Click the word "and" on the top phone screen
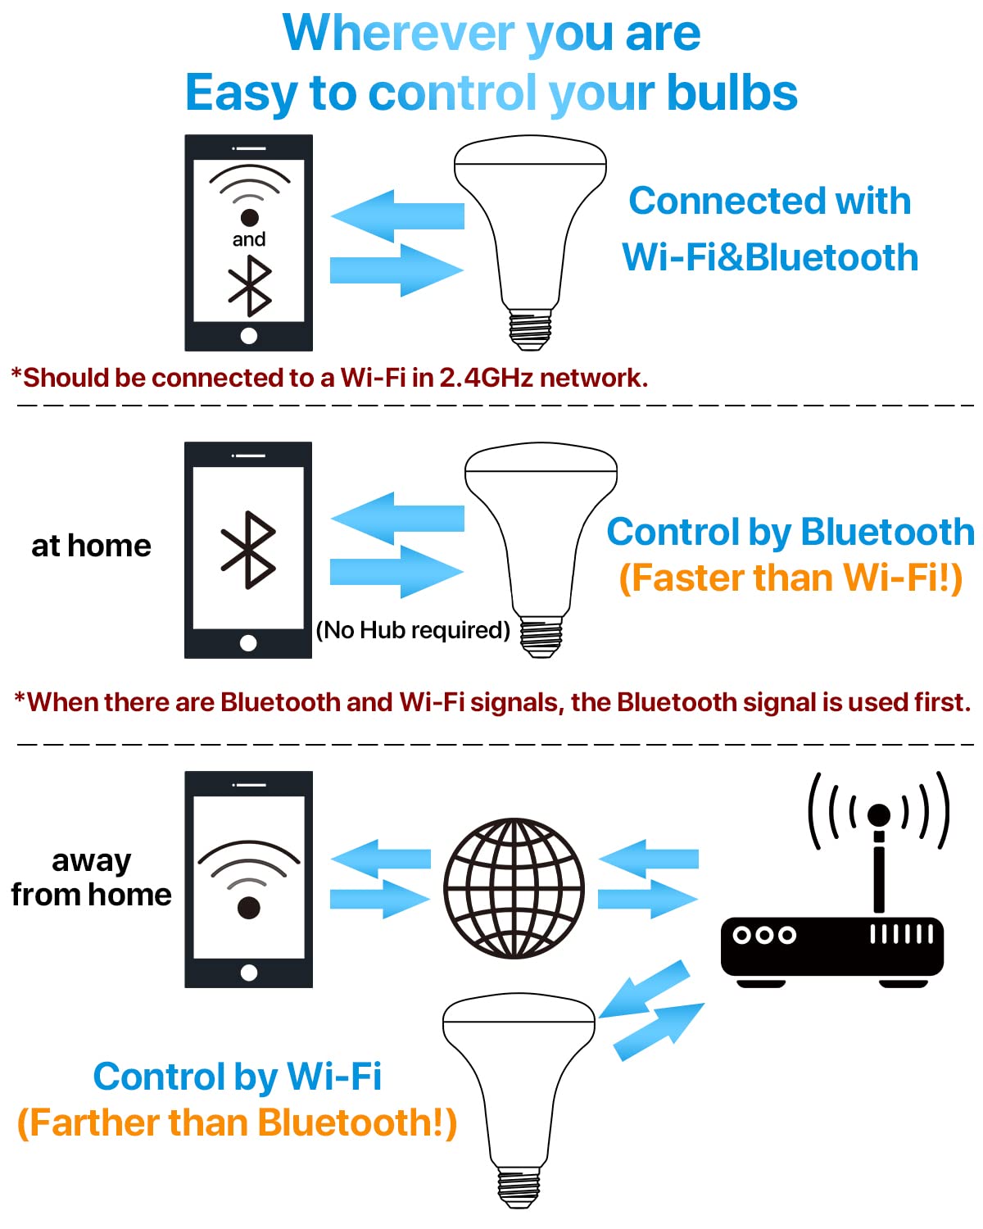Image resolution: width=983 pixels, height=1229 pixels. point(249,239)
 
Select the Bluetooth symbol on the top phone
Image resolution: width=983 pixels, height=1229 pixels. point(250,286)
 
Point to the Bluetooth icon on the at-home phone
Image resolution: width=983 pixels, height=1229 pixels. point(248,550)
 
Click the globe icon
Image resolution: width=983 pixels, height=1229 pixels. point(514,888)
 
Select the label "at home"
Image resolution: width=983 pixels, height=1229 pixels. point(92,546)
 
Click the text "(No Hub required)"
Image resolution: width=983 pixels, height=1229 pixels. point(413,630)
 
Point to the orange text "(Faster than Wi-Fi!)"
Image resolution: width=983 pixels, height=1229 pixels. point(790,578)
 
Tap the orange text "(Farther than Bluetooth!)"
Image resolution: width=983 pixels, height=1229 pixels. point(238,1122)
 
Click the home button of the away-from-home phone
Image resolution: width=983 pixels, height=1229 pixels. point(249,973)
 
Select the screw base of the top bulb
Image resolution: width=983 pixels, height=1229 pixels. point(530,329)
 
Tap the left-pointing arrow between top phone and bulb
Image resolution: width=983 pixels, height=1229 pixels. point(397,215)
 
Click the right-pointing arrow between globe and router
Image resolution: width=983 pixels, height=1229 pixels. point(648,899)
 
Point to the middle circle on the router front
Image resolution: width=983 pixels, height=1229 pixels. point(764,935)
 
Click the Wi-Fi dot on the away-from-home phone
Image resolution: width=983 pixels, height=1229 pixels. point(248,908)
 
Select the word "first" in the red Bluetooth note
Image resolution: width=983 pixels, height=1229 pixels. point(942,702)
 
